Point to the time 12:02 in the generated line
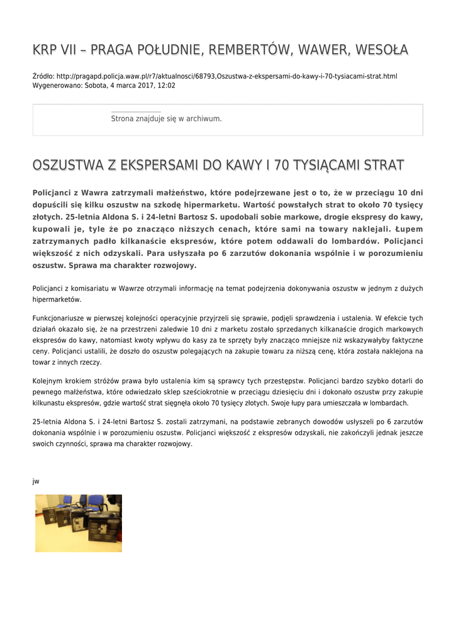tap(167, 86)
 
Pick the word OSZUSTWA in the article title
tap(68, 166)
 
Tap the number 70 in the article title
tap(282, 166)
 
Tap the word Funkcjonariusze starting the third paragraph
tap(60, 318)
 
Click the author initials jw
tap(36, 481)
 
